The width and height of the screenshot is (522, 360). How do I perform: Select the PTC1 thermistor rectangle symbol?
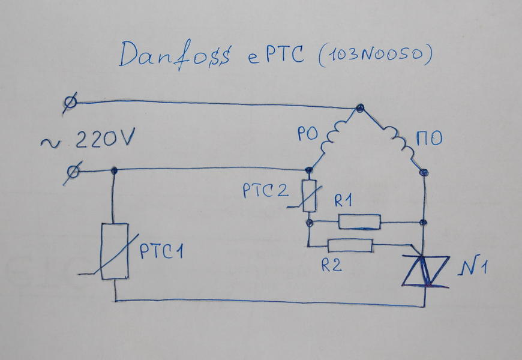(115, 251)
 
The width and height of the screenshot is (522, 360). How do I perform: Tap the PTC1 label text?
(161, 251)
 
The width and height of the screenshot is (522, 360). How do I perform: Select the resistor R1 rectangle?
(359, 222)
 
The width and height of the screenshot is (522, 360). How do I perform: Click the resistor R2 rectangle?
(350, 245)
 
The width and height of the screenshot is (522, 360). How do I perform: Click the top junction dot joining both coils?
(359, 108)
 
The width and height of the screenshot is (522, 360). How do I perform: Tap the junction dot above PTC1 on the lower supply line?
(114, 172)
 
